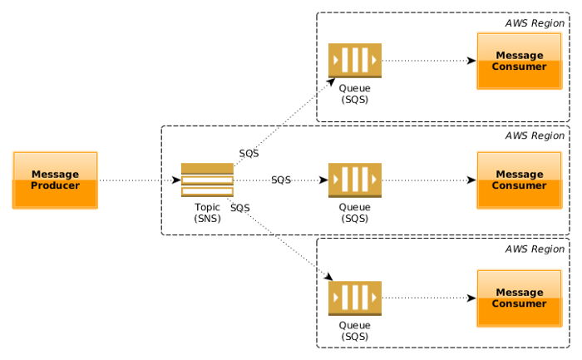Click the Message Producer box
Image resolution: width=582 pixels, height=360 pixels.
(55, 180)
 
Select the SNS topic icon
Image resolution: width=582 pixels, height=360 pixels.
(207, 180)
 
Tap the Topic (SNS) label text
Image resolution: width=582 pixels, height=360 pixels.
(207, 213)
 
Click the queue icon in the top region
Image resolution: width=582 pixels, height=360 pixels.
(354, 61)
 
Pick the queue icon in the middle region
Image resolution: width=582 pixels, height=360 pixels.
(354, 180)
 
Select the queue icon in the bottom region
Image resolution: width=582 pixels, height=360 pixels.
(354, 298)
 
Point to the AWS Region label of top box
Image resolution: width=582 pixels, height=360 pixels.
(535, 23)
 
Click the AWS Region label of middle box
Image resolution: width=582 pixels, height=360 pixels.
(535, 136)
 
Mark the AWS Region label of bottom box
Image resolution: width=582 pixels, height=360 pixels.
(535, 249)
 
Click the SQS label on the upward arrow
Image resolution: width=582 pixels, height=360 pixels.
(249, 154)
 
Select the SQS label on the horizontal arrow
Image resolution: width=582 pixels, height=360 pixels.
(281, 180)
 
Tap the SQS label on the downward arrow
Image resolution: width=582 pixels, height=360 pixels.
(240, 207)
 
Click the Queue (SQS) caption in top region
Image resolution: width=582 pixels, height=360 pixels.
(354, 94)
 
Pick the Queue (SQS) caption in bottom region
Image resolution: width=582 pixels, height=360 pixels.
(354, 331)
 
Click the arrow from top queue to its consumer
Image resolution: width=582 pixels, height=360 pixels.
(428, 61)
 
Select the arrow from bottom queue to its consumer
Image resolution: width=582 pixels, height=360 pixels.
(428, 298)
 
